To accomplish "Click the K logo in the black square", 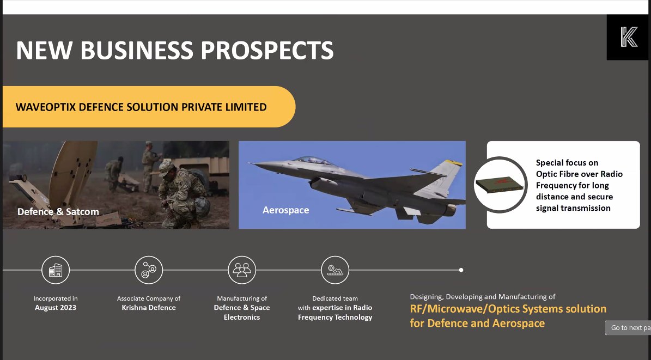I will point(628,36).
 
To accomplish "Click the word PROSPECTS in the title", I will point(266,51).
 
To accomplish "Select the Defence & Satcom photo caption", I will point(58,211).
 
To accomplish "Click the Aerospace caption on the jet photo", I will point(285,210).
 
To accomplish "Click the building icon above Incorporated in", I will point(56,270).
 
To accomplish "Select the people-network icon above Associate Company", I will point(149,270).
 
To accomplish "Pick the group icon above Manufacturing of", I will point(242,270).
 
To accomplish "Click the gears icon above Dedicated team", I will point(334,270).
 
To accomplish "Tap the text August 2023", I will point(55,308).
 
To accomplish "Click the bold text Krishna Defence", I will point(149,308).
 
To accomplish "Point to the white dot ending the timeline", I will point(461,270).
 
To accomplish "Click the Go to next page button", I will point(628,328).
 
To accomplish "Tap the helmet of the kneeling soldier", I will point(165,167).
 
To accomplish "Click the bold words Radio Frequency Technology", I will point(335,313).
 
